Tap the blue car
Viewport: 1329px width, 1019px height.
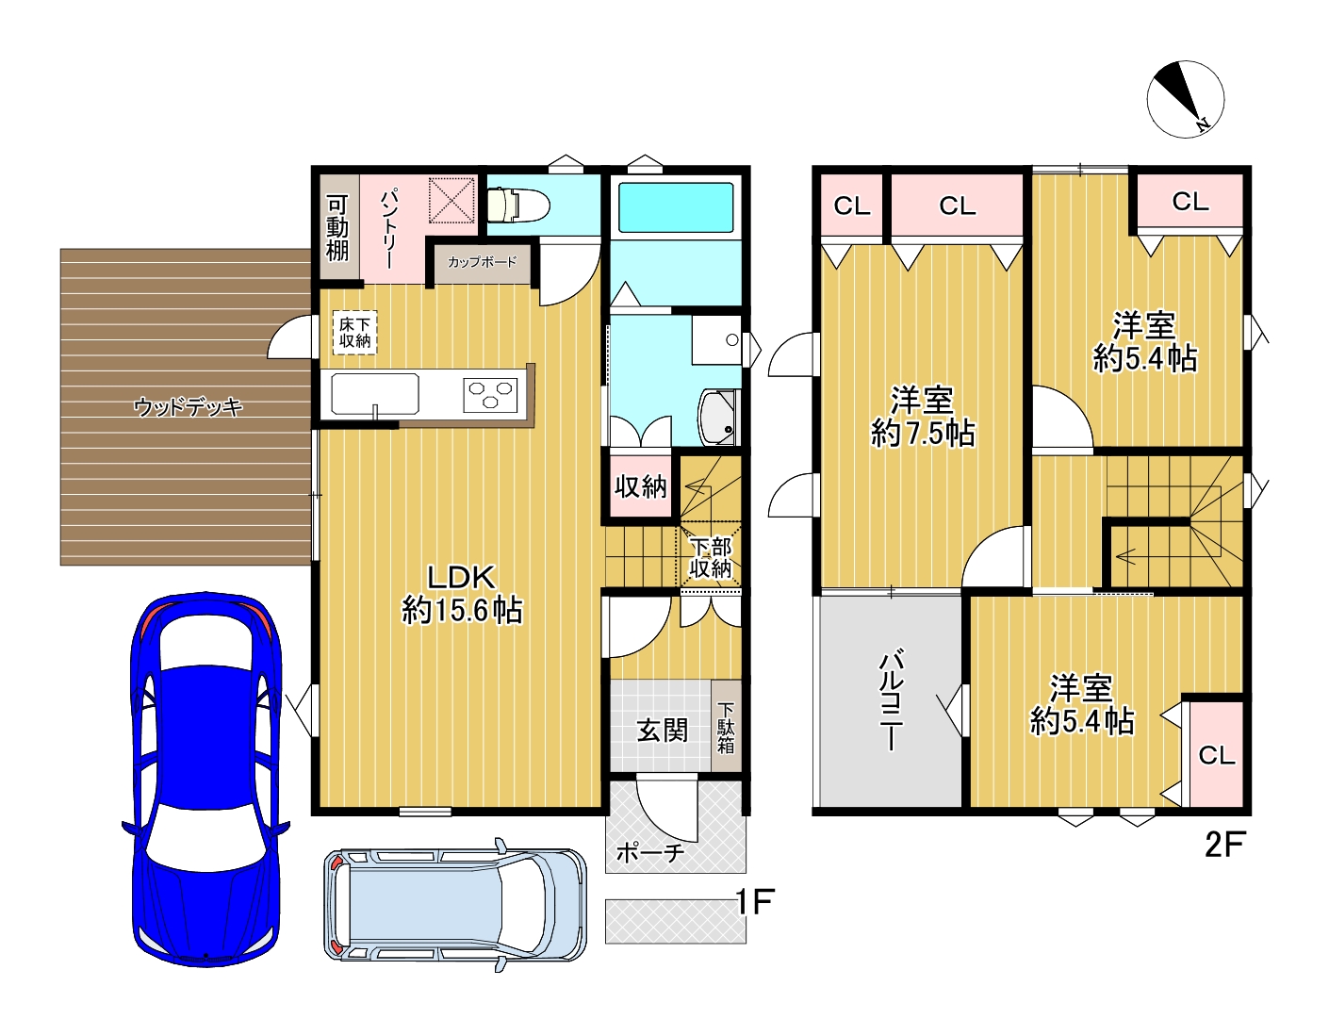click(206, 779)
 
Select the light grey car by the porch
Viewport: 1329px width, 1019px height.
click(455, 905)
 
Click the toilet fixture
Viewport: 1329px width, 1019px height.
click(518, 205)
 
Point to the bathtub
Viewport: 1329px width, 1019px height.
click(675, 207)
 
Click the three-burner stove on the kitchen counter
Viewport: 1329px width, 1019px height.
click(490, 395)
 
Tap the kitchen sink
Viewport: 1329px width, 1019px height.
click(375, 395)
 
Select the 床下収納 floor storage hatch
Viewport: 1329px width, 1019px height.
click(354, 333)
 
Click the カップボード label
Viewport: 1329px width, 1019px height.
click(482, 262)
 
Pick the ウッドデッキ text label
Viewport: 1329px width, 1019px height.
click(189, 406)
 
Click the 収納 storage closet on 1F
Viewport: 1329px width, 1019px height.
click(640, 486)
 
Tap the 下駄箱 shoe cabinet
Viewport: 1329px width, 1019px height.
click(726, 726)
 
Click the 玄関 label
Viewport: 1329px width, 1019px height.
click(663, 731)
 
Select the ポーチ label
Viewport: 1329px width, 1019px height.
click(649, 853)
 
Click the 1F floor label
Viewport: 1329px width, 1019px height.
click(754, 902)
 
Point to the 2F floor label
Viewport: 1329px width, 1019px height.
click(1225, 845)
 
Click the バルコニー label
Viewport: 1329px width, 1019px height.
click(891, 701)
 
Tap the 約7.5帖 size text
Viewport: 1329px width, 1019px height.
click(923, 434)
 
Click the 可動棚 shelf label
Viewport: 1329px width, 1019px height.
click(337, 228)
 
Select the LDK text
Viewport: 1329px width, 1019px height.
click(461, 577)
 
